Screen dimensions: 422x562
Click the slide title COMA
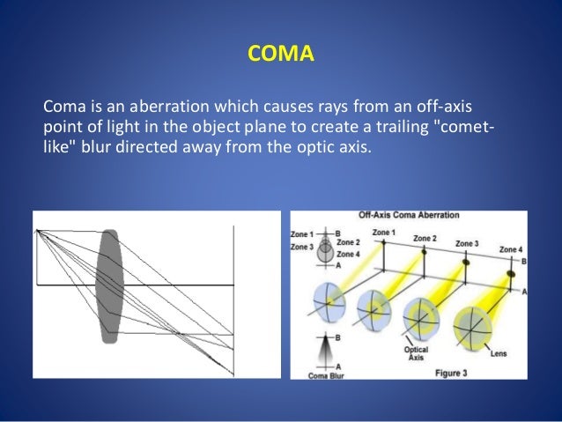pyautogui.click(x=280, y=57)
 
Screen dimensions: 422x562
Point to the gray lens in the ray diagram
pyautogui.click(x=108, y=285)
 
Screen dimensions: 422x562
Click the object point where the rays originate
pyautogui.click(x=36, y=230)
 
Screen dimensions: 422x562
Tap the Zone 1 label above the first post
pyautogui.click(x=384, y=232)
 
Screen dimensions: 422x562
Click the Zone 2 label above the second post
pyautogui.click(x=425, y=238)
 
